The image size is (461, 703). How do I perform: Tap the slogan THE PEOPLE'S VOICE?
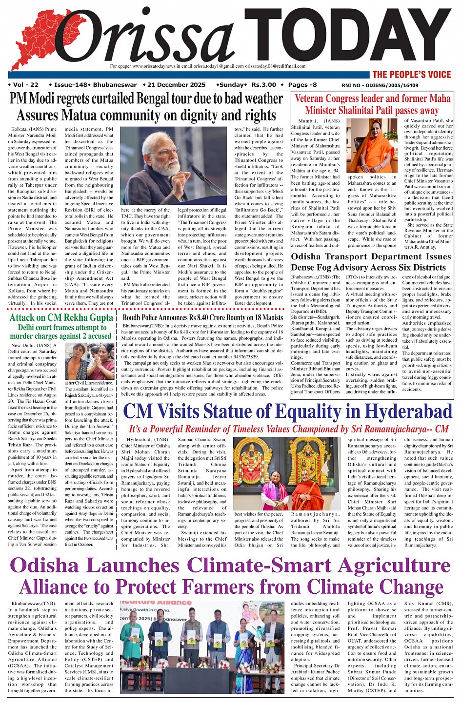[x=412, y=75]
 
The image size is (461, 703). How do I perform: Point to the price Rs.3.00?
[x=264, y=85]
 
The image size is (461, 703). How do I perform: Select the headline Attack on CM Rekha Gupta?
[x=61, y=318]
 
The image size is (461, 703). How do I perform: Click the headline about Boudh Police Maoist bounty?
[x=203, y=318]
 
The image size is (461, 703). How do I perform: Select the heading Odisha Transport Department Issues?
[x=371, y=257]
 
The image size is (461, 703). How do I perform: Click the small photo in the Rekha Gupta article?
[x=89, y=361]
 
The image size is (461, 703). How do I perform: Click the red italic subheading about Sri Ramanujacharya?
[x=288, y=430]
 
